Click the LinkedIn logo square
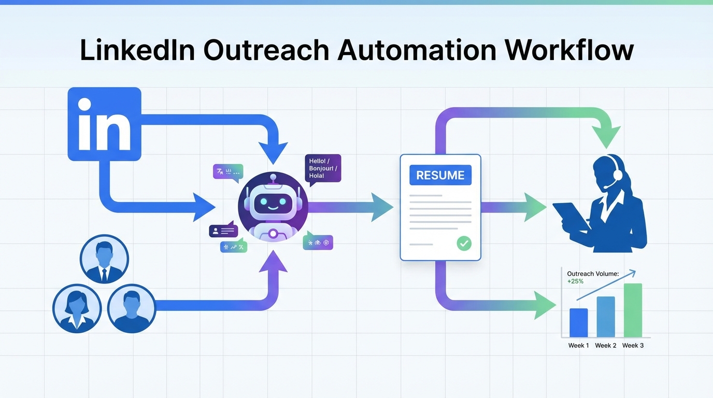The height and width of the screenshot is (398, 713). click(x=104, y=124)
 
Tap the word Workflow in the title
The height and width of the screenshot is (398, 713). click(x=569, y=50)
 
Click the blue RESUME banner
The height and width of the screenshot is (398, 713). click(x=440, y=175)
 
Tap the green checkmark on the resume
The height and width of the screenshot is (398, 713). click(x=464, y=243)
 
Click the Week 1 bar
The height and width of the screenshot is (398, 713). click(x=578, y=323)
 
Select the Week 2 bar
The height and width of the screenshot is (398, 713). click(x=605, y=317)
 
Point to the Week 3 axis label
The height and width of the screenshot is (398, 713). click(x=633, y=346)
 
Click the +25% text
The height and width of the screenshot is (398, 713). click(x=575, y=281)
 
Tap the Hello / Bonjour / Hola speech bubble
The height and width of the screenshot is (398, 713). click(x=323, y=168)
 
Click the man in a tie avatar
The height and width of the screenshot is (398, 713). click(x=104, y=259)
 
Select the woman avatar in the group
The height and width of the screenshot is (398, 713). click(x=77, y=308)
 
